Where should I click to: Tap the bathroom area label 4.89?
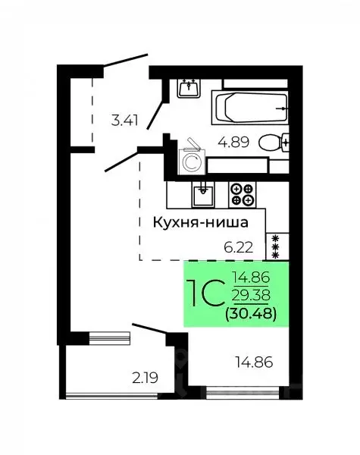(231, 141)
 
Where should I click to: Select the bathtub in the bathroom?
(249, 108)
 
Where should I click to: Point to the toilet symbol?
(273, 142)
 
